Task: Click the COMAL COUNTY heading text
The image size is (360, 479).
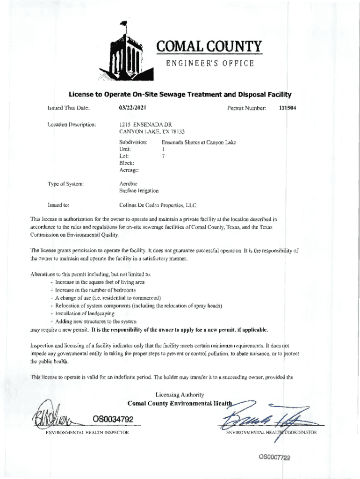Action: [x=209, y=47]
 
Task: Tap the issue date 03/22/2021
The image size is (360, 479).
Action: [x=133, y=108]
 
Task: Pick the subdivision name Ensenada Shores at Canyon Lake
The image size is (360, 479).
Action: [x=199, y=141]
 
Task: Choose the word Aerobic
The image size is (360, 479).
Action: [x=128, y=183]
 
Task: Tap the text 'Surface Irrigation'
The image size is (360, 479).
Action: [x=139, y=190]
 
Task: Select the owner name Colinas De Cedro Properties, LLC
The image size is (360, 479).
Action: [x=158, y=205]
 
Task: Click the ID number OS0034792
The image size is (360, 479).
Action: [x=113, y=419]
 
